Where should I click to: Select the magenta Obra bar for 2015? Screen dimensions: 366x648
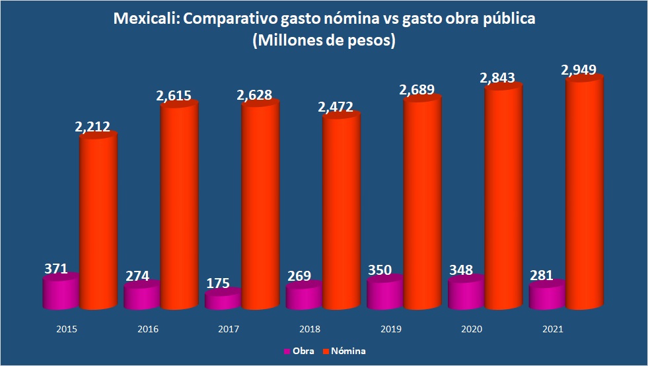click(61, 293)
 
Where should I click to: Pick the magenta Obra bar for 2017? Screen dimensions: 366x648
click(223, 301)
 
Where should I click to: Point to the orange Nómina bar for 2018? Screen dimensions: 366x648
click(341, 211)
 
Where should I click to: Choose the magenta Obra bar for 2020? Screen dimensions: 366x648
click(466, 294)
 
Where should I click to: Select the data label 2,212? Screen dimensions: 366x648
click(92, 126)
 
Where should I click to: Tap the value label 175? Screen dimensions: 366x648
click(217, 283)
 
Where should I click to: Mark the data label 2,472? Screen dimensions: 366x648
click(336, 106)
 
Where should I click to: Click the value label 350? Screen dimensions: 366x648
click(380, 270)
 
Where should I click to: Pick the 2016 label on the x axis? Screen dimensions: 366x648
click(148, 328)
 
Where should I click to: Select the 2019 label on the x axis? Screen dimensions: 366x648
click(390, 328)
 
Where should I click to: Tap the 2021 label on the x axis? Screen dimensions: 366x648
click(553, 328)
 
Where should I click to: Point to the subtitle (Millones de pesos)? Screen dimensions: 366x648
click(324, 41)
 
